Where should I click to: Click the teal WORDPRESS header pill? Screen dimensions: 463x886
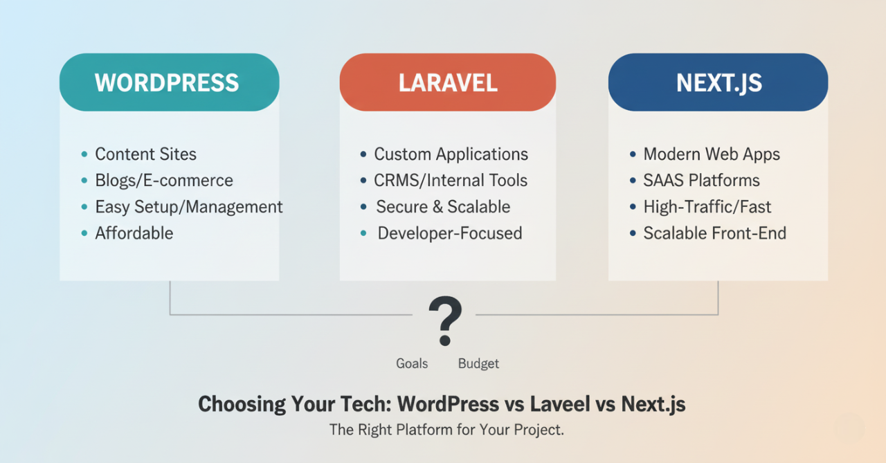pos(169,82)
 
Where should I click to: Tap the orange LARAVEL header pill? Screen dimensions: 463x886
pos(447,82)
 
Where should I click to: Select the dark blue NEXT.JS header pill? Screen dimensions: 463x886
pos(718,82)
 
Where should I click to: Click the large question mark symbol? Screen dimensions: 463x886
pos(444,320)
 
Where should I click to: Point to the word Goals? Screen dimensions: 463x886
pos(412,363)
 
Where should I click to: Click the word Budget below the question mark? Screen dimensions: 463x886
pos(478,363)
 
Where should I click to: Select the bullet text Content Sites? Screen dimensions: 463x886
pos(145,154)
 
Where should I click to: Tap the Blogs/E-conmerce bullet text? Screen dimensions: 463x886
pos(164,181)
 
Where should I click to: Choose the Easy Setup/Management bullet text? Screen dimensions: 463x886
pos(189,207)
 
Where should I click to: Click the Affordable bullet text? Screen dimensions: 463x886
pos(134,233)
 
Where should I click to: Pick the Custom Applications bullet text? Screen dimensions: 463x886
pos(451,154)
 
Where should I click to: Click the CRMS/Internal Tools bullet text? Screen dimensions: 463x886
pos(451,181)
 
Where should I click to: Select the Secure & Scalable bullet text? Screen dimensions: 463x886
pos(443,207)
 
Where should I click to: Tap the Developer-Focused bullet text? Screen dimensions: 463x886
pos(450,233)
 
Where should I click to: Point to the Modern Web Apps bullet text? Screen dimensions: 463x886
pos(712,154)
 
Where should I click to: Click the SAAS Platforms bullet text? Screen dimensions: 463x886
pos(701,181)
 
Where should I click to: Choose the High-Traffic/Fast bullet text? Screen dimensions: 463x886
pos(707,207)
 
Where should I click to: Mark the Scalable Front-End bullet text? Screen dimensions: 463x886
pos(715,233)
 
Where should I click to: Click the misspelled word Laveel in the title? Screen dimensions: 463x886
pos(560,404)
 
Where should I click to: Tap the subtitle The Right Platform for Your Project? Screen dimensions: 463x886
pos(446,430)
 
